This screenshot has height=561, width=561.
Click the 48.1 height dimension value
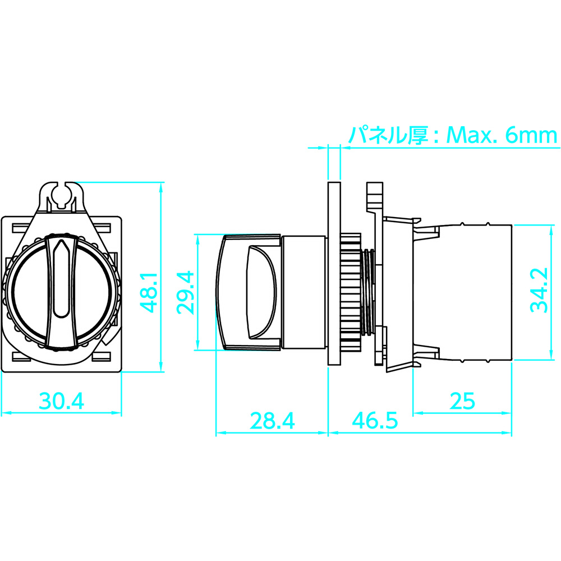(149, 292)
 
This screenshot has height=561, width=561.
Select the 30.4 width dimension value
(62, 401)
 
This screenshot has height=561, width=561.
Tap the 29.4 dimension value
(185, 293)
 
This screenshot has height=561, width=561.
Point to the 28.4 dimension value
(272, 421)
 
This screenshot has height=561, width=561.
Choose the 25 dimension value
(462, 401)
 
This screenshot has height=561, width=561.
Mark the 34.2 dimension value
(539, 290)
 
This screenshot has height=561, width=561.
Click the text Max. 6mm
(502, 135)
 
